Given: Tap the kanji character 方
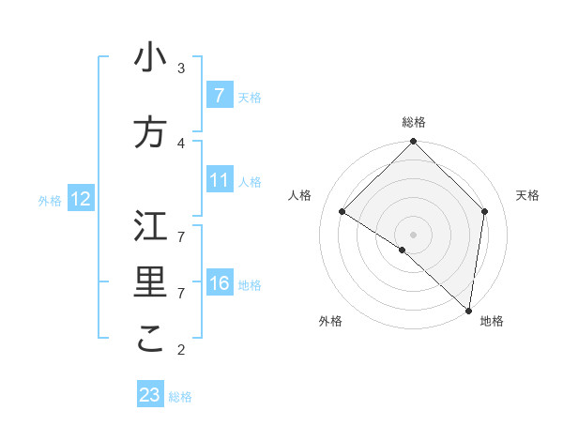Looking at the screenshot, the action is coord(150,132).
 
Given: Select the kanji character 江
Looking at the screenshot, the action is coord(150,226).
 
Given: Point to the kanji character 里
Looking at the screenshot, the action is coord(150,282).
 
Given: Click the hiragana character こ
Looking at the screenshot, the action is coord(150,339).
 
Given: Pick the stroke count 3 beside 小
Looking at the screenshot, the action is coord(181,68).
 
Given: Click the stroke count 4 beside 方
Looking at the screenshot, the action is coord(181,143).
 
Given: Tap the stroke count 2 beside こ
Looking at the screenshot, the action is coord(181,350).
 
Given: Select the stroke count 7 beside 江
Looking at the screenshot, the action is coord(181,226).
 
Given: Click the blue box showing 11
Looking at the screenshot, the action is coord(220,180).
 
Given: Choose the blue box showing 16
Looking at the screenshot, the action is coord(220,283).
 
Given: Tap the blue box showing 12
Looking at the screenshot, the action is coord(81,199).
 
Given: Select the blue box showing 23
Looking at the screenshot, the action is coord(150,395).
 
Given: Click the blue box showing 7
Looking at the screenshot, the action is coord(220,95).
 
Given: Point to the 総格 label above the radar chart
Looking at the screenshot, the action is coord(414,122).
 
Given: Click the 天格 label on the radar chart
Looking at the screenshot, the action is coord(527,195).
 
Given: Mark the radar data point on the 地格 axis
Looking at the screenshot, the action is coord(469,311).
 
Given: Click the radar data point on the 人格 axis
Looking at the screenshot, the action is coord(342,211).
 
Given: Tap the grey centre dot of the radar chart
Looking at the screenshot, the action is coord(414,234).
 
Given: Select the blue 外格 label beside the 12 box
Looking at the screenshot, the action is coord(49,200).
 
